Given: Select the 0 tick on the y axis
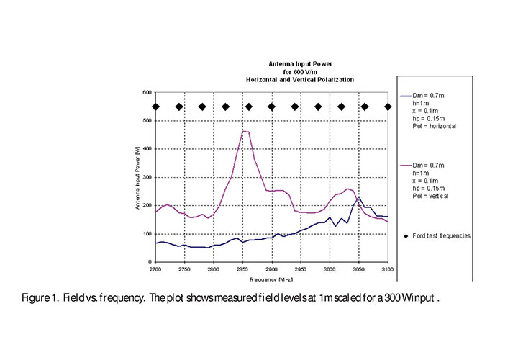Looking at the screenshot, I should pos(148,262).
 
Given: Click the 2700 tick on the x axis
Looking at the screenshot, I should pos(155,268).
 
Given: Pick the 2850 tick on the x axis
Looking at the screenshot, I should pos(243,268).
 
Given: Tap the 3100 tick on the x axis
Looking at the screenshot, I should pos(388,268).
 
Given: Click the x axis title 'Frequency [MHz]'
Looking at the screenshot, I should pos(272,278).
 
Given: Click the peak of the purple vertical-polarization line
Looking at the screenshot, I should pos(244,131).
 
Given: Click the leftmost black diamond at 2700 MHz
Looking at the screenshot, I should pos(155,107).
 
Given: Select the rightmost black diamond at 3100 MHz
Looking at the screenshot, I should pos(388,107).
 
